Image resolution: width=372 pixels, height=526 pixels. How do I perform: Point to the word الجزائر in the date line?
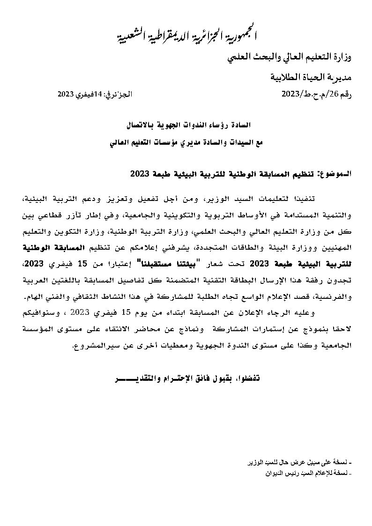(x=123, y=94)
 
